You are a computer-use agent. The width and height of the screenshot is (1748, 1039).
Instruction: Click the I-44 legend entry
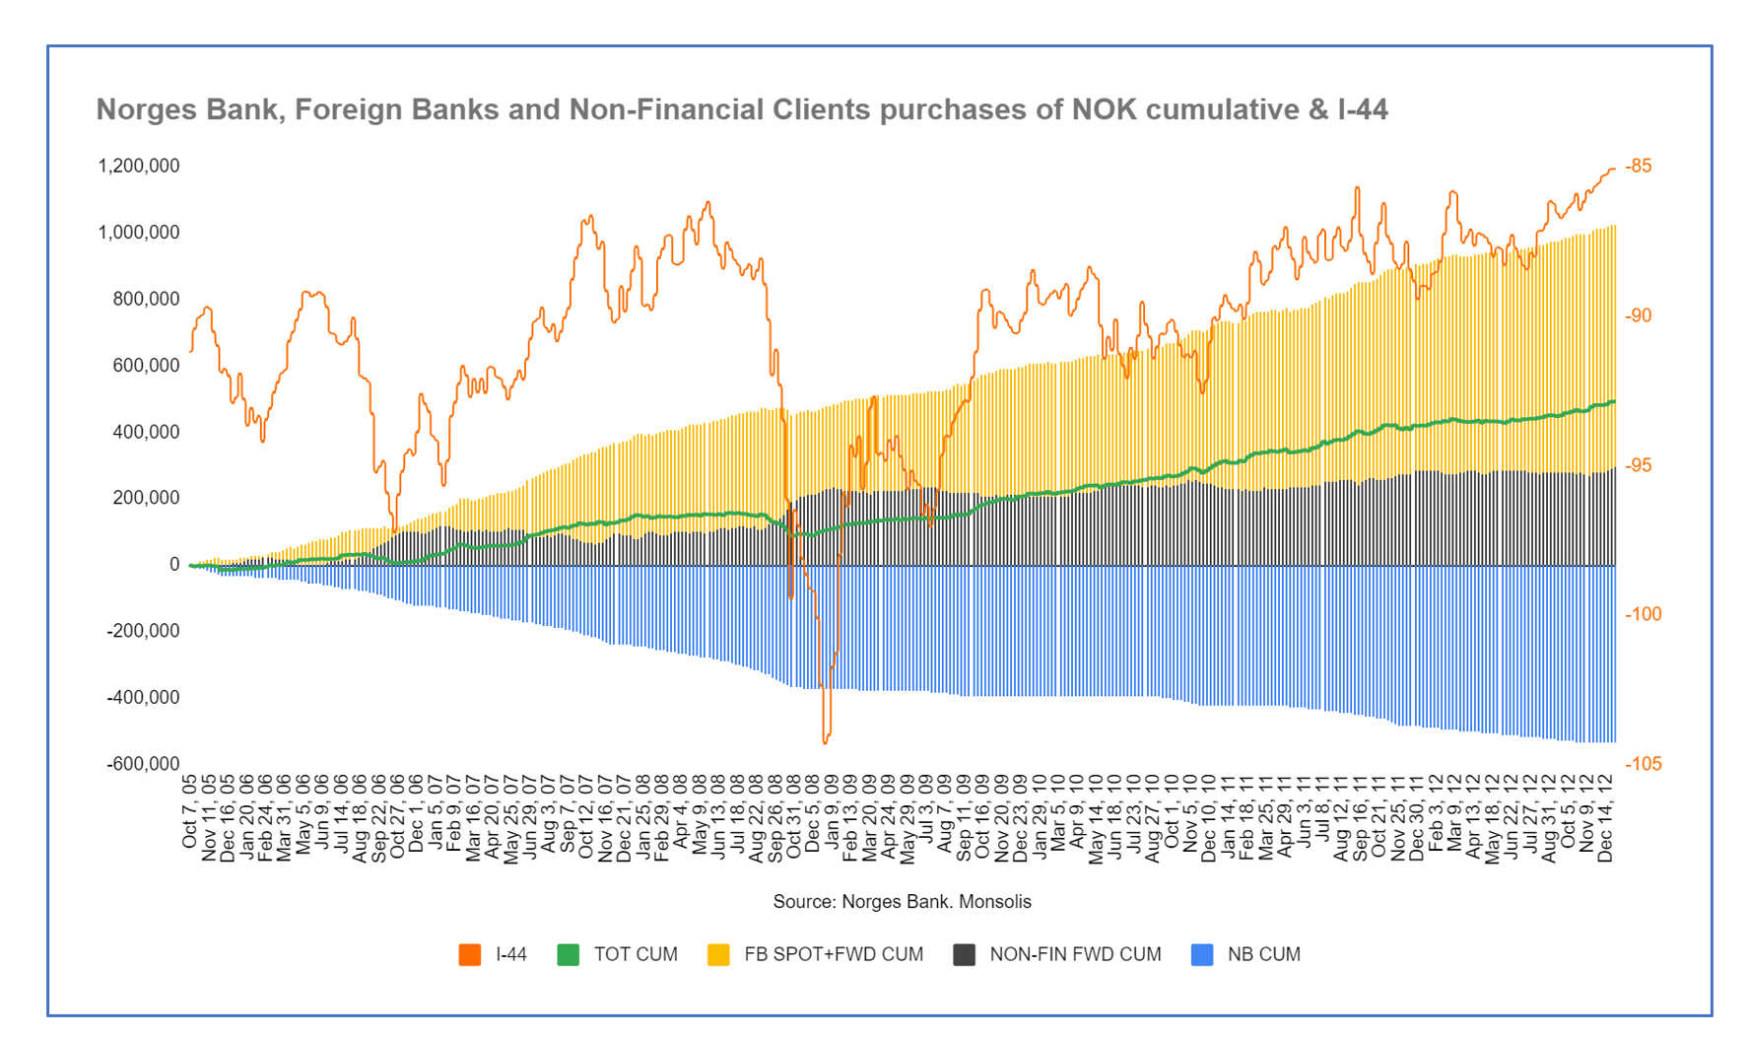(x=510, y=954)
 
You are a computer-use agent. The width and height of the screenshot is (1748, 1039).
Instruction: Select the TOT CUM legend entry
(x=635, y=954)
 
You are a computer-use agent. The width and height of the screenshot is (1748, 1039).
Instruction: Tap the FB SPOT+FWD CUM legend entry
(x=833, y=954)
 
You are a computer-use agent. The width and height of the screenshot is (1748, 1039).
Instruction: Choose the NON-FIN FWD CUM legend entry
(x=1074, y=954)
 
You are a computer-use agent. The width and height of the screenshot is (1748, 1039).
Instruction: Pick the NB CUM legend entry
(x=1263, y=954)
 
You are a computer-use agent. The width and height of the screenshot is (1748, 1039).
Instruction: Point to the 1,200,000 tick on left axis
(x=139, y=166)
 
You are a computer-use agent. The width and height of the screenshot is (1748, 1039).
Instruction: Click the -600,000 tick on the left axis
(x=143, y=764)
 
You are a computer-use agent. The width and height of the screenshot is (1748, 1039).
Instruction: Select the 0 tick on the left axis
(x=174, y=564)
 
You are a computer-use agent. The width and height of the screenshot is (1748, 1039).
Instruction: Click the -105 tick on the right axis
(x=1643, y=764)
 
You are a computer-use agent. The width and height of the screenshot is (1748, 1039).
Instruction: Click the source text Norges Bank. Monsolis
(x=902, y=901)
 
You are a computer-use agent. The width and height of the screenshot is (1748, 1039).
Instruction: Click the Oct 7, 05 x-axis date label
(x=189, y=810)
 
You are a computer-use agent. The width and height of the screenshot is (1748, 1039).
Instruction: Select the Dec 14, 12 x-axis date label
(x=1605, y=817)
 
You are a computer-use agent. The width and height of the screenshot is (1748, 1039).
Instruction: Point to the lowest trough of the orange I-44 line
(x=826, y=741)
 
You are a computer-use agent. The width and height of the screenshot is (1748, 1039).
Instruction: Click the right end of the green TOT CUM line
(x=1614, y=401)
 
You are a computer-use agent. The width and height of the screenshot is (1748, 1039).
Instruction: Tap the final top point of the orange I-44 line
(x=1613, y=169)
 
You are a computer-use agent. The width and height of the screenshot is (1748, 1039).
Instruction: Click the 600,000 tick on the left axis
(x=146, y=365)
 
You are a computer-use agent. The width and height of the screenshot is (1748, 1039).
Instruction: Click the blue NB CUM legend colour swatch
(x=1202, y=954)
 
